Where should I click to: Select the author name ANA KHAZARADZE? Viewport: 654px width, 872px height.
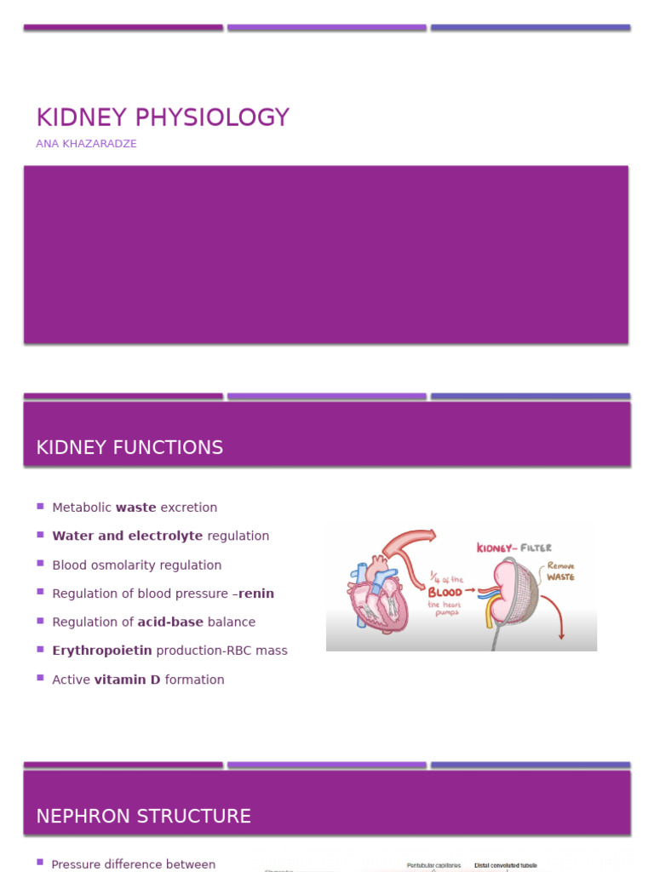tap(86, 144)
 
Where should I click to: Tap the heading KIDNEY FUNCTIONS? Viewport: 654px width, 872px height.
tap(129, 448)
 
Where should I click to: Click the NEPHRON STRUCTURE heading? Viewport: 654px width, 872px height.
tap(143, 817)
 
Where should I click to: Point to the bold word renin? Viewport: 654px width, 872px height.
tap(256, 594)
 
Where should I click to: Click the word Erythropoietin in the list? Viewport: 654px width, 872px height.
tap(102, 651)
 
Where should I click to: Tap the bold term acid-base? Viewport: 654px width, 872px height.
tap(170, 622)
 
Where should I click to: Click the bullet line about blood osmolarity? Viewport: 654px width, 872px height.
tap(136, 565)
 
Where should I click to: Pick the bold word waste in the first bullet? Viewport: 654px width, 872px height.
tap(136, 508)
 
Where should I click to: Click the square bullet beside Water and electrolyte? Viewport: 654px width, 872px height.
tap(40, 535)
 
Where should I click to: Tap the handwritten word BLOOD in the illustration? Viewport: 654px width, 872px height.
tap(445, 592)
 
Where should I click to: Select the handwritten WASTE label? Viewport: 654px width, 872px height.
tap(560, 577)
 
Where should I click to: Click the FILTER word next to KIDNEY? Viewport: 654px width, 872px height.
tap(537, 548)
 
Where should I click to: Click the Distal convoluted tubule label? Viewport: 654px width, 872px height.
tap(506, 865)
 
